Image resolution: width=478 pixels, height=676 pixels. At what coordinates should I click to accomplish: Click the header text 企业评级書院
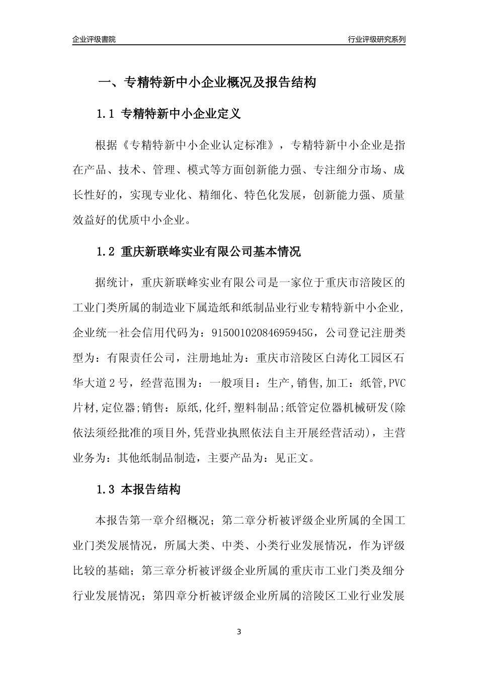coord(94,39)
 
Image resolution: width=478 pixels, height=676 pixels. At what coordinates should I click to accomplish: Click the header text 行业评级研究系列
coord(377,39)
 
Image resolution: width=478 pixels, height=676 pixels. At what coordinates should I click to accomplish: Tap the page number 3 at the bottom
coord(239,632)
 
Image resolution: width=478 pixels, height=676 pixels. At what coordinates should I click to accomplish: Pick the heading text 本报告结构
coord(151,489)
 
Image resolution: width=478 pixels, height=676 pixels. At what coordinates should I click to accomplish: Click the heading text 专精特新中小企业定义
coord(181,114)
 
